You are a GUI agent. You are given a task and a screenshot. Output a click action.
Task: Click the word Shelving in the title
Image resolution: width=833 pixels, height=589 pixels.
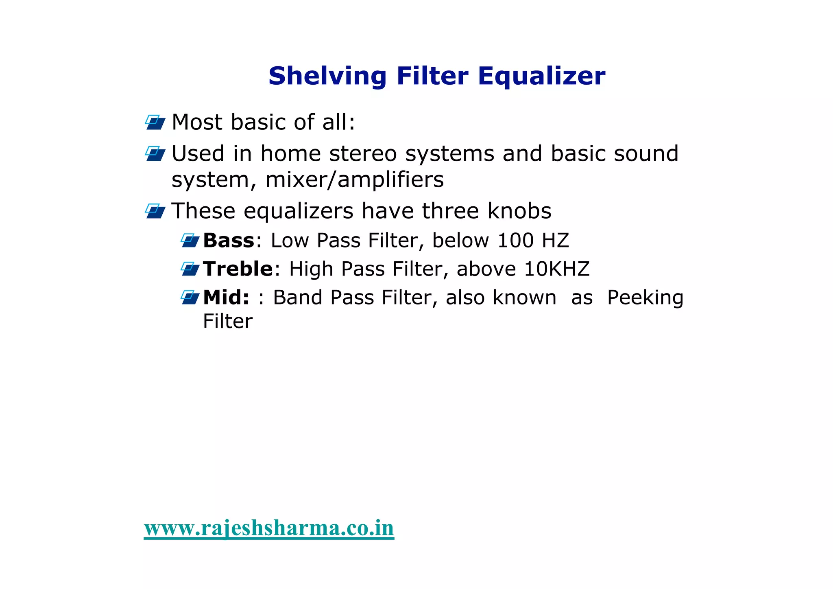pos(327,77)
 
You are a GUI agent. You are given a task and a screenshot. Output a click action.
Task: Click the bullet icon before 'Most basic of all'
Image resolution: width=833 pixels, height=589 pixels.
pos(155,122)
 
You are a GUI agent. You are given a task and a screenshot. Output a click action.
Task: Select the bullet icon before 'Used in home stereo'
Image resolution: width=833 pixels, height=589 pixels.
pos(155,153)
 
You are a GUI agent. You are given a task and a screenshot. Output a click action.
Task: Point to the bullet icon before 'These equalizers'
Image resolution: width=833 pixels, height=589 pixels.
pos(155,211)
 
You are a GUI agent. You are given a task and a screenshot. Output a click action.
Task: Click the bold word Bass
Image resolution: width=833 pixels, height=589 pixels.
pos(229,240)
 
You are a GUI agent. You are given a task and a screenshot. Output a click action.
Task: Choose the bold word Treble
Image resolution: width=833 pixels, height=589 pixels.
pos(238,269)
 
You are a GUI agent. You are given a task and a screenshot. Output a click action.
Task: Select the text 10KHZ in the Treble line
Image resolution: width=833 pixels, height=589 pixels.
pos(556,269)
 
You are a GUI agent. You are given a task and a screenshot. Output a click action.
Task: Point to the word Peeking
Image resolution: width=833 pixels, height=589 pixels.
pos(645,298)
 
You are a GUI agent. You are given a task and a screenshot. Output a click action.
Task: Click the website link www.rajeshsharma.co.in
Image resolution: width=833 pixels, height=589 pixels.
pos(269,528)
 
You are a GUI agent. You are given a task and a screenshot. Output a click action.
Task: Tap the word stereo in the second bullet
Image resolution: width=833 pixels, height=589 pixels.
pos(363,154)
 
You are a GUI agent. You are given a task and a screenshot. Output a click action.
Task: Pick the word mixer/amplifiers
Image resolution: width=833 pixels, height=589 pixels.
pos(354,180)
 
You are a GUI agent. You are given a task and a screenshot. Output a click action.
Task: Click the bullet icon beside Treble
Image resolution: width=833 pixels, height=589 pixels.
pos(190,269)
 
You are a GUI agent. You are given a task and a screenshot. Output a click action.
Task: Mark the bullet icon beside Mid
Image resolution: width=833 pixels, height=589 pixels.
pos(190,297)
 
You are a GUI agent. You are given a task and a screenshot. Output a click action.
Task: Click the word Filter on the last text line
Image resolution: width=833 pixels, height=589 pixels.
pos(227,322)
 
